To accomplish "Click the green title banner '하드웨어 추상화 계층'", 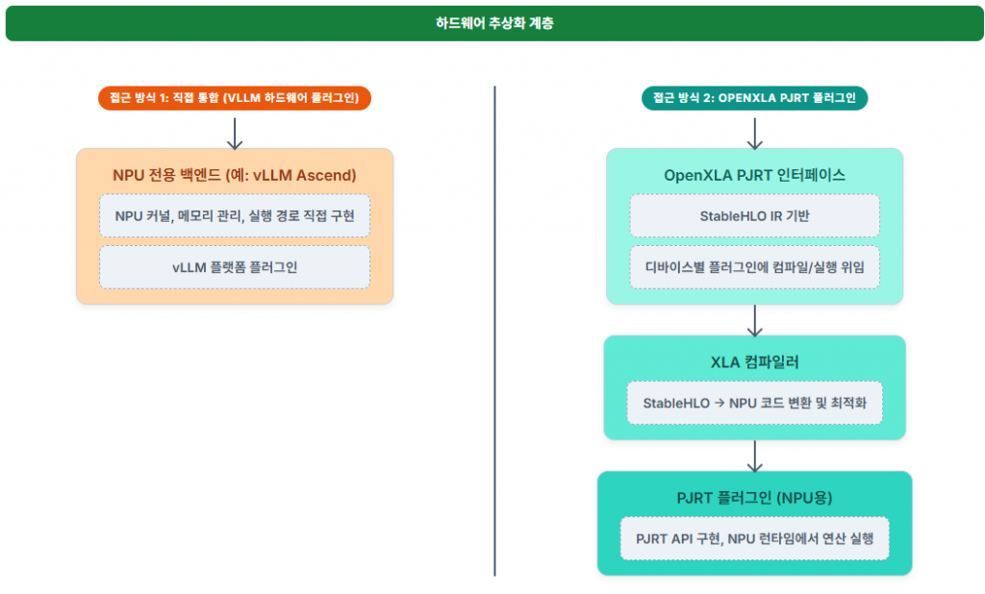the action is [494, 23].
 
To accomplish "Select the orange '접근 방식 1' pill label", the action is [235, 98].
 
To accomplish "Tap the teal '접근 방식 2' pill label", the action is [754, 98].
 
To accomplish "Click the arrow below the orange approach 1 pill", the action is [235, 133].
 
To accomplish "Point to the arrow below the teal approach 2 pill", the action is [754, 133].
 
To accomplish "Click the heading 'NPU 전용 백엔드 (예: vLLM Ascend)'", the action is [235, 175].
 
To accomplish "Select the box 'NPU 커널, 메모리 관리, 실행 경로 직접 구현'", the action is [235, 216].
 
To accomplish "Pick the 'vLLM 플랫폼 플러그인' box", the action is [235, 267].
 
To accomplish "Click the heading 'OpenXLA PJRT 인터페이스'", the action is [754, 175].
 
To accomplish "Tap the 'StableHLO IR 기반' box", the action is [754, 216].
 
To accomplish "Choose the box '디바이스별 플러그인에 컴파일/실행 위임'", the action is [754, 267].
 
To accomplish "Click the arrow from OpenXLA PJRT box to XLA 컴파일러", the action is [754, 321].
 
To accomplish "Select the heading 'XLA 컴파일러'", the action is [754, 362].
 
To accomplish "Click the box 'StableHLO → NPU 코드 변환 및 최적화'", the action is [754, 403].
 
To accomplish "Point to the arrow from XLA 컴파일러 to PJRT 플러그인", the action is [754, 457].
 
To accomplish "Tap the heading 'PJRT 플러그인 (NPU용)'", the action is [754, 498].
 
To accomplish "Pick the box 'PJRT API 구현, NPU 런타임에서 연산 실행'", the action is [754, 539].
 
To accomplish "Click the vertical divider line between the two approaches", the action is [495, 331].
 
